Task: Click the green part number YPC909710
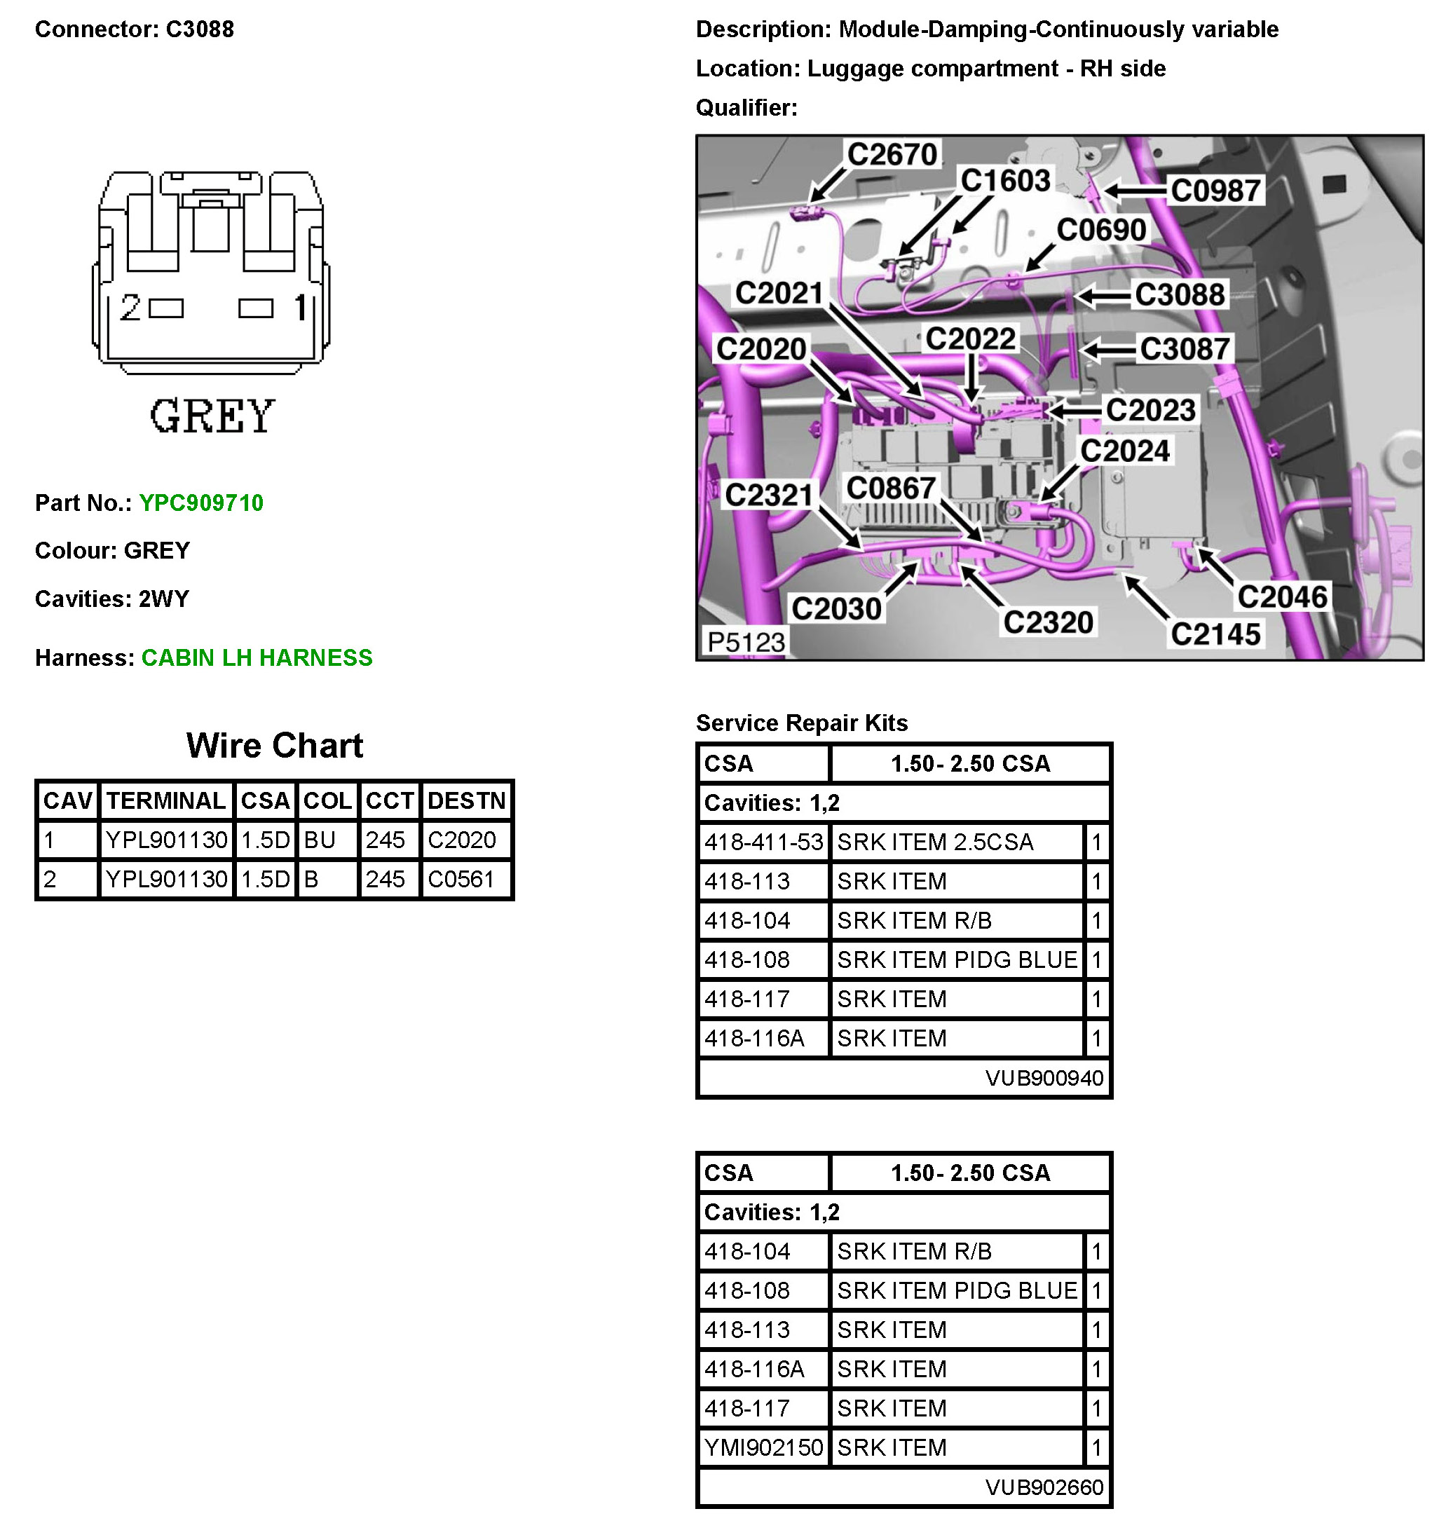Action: click(x=201, y=503)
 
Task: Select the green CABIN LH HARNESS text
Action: click(x=257, y=658)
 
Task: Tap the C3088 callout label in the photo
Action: click(x=1180, y=295)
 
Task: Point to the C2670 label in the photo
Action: click(x=892, y=155)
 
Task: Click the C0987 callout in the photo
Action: click(x=1215, y=191)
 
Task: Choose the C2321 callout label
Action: click(x=768, y=496)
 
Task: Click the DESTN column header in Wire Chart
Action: click(x=466, y=801)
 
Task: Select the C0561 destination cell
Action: click(x=461, y=880)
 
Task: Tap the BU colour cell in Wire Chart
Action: click(x=320, y=840)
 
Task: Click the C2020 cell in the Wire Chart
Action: click(x=462, y=840)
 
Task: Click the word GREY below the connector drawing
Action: click(x=212, y=417)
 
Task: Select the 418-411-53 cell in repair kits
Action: click(x=763, y=842)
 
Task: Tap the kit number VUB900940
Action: click(x=1044, y=1078)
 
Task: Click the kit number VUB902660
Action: click(x=1044, y=1487)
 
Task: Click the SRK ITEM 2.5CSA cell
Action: click(x=935, y=842)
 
